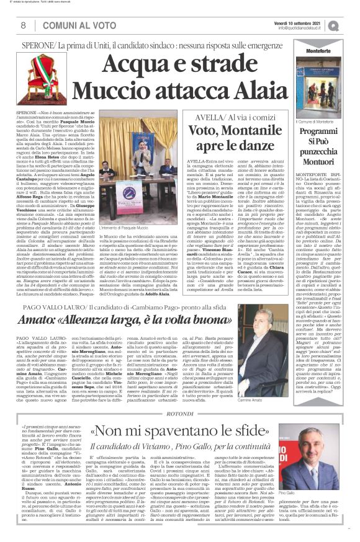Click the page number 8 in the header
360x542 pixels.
pyautogui.click(x=23, y=25)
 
